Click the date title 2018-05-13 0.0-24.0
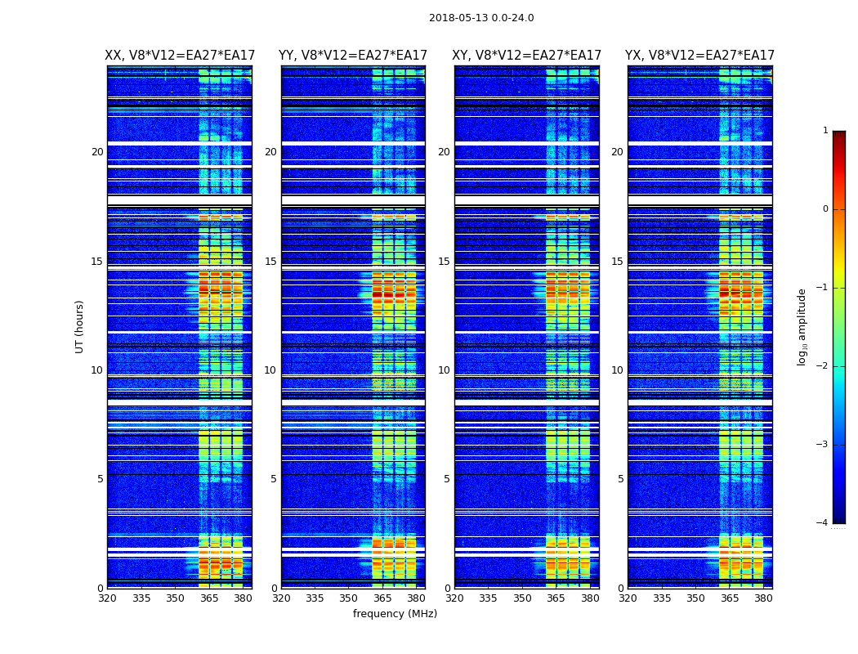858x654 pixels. tap(481, 18)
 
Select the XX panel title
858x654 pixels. tap(180, 56)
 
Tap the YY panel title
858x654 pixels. tap(353, 56)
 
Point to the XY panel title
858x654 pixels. tap(527, 56)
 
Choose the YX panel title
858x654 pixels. tap(700, 56)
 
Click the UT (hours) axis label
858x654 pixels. tap(80, 326)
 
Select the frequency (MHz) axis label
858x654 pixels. tap(395, 614)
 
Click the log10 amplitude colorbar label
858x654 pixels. tap(802, 326)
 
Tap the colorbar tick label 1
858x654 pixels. tap(825, 131)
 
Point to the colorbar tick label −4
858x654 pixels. tap(822, 523)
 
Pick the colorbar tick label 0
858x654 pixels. tap(825, 209)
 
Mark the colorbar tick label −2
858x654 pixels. tap(822, 366)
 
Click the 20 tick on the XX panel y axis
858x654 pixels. tap(97, 152)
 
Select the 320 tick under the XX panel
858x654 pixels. tap(107, 598)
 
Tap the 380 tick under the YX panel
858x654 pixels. tap(763, 598)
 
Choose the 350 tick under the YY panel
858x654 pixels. tap(349, 598)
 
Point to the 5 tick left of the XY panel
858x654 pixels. tap(447, 479)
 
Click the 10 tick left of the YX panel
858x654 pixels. tap(617, 370)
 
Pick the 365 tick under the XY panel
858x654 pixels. tap(556, 598)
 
